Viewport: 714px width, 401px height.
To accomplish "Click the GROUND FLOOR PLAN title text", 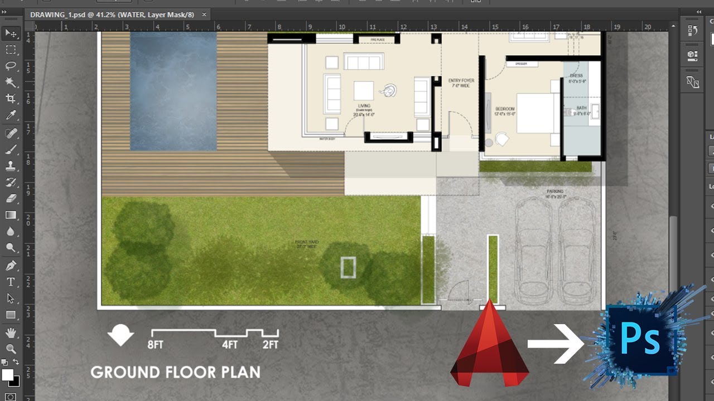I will click(175, 372).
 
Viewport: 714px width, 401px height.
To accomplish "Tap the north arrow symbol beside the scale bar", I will click(120, 335).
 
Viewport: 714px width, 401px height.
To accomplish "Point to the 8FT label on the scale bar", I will click(155, 345).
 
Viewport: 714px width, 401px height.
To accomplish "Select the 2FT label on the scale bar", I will click(271, 345).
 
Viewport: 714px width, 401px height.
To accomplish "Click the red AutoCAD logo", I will click(489, 348).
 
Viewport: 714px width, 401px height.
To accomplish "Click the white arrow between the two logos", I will click(556, 344).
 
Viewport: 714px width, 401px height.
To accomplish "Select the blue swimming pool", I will click(173, 91).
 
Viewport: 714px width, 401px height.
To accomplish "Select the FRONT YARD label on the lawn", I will click(307, 243).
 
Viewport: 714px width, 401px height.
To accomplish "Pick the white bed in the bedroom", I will click(535, 113).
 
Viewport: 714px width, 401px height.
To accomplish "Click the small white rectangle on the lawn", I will click(348, 267).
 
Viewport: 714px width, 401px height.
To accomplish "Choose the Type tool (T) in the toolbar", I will click(11, 282).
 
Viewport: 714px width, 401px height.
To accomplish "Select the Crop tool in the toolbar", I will click(11, 99).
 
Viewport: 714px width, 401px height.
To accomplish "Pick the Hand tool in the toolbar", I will click(11, 332).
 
